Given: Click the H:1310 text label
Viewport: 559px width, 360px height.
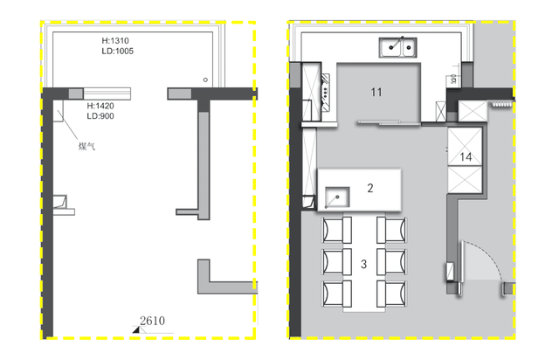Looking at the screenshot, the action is (115, 41).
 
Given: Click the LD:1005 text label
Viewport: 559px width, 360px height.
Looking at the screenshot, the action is (118, 51).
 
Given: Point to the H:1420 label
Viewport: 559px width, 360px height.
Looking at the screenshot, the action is (100, 106).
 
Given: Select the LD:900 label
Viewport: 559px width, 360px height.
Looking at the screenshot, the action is (100, 116).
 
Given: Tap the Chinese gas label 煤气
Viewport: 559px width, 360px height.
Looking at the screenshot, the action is (86, 146).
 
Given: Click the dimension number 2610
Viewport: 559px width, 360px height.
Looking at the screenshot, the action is (152, 321).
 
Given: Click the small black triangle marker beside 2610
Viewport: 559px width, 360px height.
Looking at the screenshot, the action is (136, 330).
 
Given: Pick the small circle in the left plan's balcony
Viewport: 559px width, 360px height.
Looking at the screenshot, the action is (205, 80).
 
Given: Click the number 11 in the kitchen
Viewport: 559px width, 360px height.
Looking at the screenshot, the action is (376, 93).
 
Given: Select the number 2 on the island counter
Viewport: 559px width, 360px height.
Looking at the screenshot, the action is (370, 188).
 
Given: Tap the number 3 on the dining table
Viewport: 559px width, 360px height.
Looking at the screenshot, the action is (363, 264).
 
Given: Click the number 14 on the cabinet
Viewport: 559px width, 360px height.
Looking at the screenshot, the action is (466, 157).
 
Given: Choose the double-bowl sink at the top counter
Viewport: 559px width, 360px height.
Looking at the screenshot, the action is (398, 47).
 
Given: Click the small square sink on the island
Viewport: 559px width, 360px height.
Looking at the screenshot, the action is (337, 197).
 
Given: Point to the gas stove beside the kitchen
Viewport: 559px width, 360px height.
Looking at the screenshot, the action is (326, 92).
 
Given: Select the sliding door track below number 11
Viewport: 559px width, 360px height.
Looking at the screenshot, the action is (389, 122).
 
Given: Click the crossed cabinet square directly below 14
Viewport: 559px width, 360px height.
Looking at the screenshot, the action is (465, 180).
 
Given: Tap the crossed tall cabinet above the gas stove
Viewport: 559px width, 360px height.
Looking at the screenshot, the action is (311, 92).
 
